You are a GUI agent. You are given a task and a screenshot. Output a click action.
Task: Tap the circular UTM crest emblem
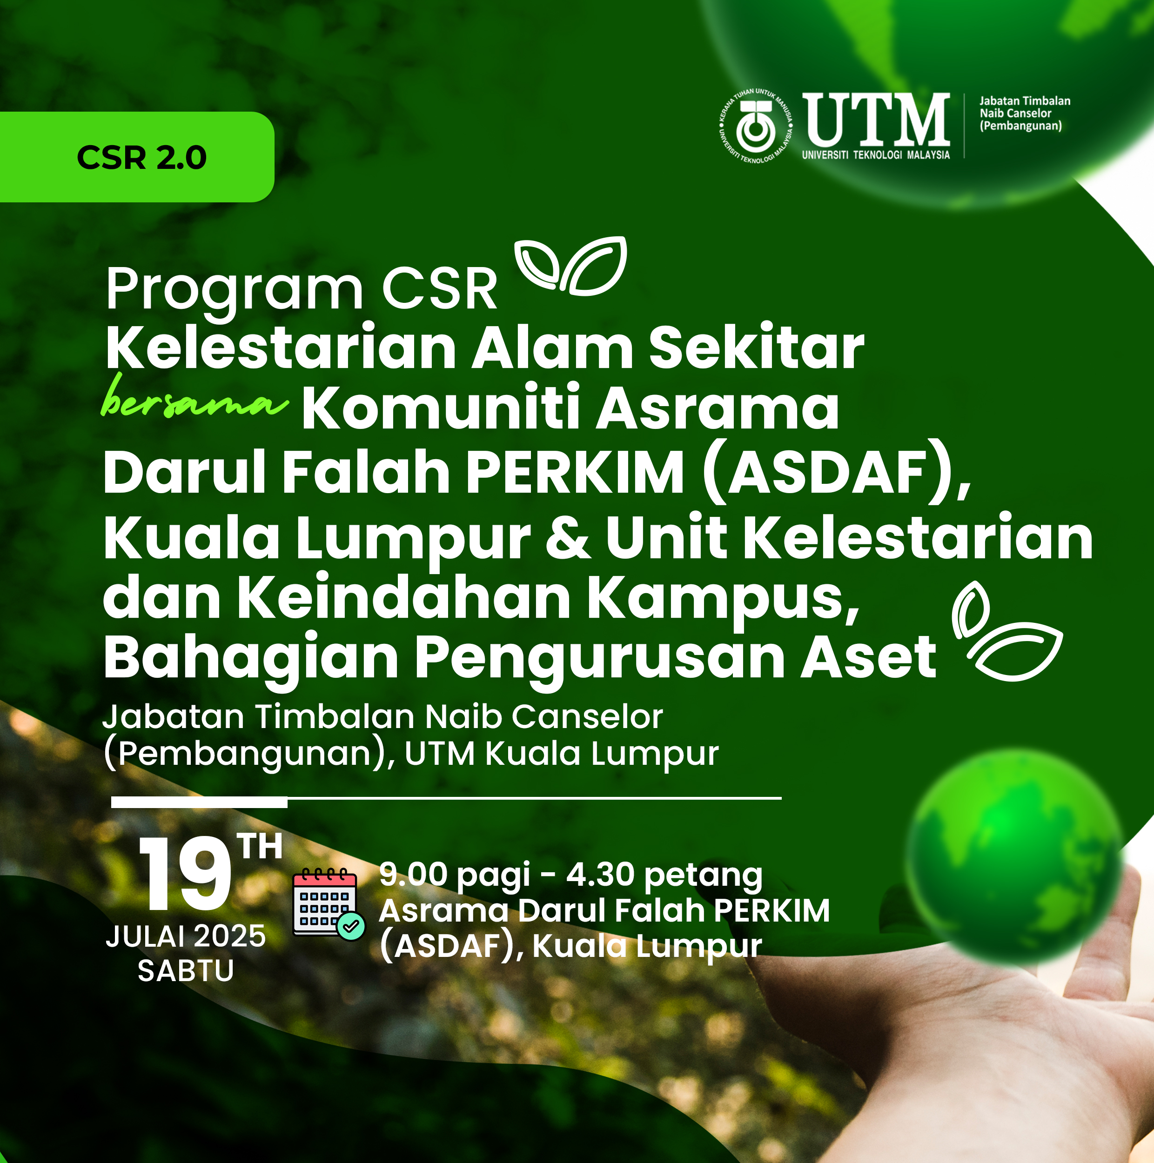click(x=756, y=127)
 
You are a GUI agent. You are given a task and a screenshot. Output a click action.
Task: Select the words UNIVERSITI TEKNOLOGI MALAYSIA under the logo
click(x=876, y=155)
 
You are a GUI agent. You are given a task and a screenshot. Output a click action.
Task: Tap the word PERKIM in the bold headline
click(x=575, y=473)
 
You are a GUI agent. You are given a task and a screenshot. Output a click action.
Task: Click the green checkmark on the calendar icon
click(x=351, y=925)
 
